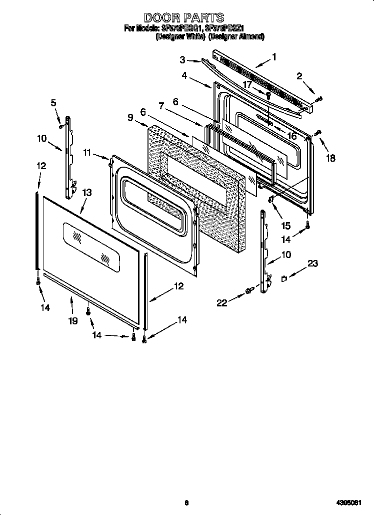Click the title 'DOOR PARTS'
(x=184, y=19)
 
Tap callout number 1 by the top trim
(x=273, y=57)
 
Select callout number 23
(x=312, y=263)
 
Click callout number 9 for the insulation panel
(x=130, y=117)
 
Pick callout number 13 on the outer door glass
(x=86, y=192)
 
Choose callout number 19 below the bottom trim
(x=73, y=321)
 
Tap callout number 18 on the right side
(x=330, y=159)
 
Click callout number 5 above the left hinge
(x=53, y=103)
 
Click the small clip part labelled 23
(x=284, y=279)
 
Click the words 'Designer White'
(x=180, y=36)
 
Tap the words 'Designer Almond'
(x=236, y=36)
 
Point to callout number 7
(x=161, y=105)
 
